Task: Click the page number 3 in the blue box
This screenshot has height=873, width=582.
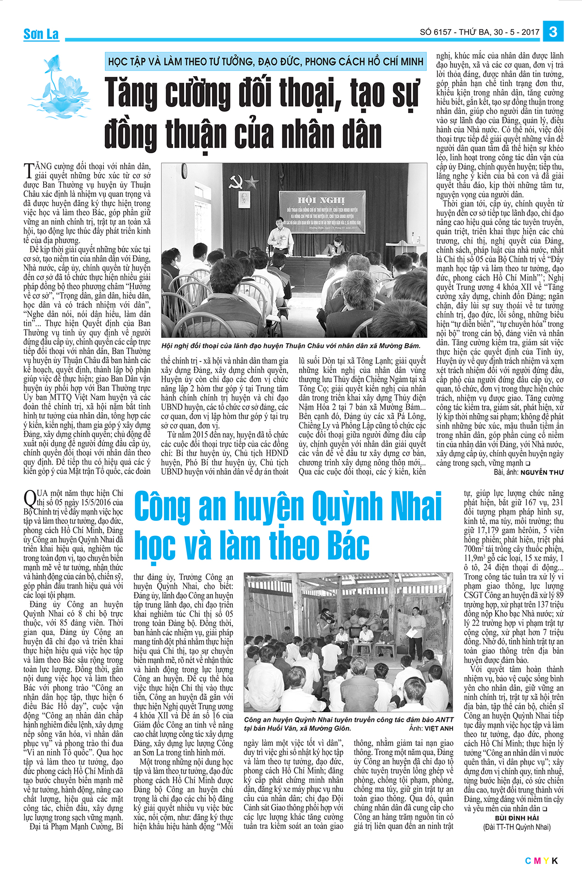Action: (553, 32)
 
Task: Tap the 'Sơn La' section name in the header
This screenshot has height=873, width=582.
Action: (41, 34)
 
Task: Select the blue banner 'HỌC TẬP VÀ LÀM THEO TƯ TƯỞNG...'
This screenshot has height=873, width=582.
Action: (266, 62)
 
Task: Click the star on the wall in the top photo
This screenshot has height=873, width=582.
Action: (252, 182)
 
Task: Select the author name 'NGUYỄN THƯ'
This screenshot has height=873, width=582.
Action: (542, 472)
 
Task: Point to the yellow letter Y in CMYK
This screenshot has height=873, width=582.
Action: (546, 861)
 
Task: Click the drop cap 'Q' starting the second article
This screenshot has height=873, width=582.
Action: (30, 499)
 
